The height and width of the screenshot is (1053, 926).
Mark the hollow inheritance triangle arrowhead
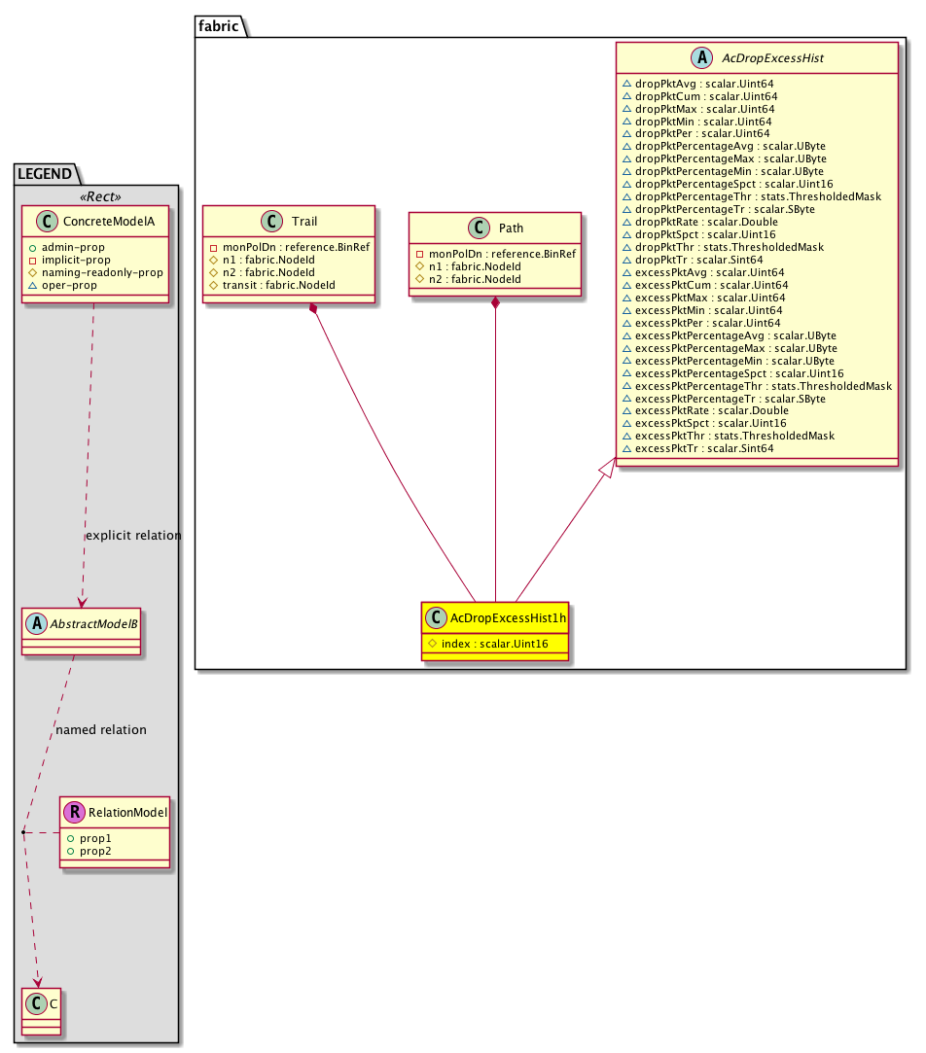click(608, 468)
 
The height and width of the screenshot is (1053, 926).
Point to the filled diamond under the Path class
click(496, 303)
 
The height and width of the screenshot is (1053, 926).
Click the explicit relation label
click(133, 536)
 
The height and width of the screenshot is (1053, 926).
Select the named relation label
click(101, 729)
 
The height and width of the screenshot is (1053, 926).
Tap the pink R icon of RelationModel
click(74, 812)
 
